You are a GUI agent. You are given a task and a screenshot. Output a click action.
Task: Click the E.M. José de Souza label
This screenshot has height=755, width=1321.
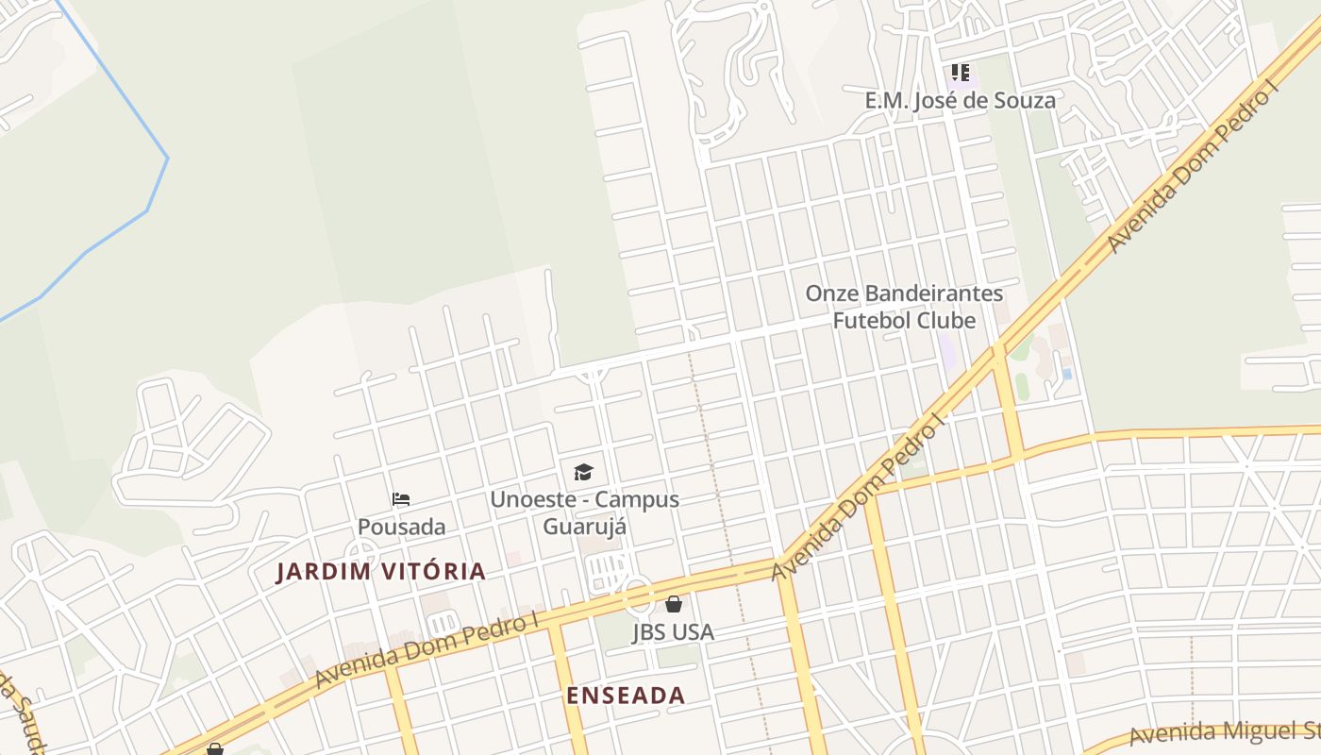pyautogui.click(x=960, y=100)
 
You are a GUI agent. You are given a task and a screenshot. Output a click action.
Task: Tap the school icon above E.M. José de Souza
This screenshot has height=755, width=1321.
pyautogui.click(x=961, y=73)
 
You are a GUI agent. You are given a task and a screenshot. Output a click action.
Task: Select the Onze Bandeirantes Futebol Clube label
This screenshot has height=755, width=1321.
pyautogui.click(x=903, y=307)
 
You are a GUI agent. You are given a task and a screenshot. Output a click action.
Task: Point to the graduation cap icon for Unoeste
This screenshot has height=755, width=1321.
pyautogui.click(x=584, y=472)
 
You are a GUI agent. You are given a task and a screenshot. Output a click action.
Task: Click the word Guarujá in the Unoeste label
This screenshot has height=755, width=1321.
pyautogui.click(x=584, y=527)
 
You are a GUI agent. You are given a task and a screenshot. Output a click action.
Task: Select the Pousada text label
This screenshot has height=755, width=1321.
pyautogui.click(x=401, y=527)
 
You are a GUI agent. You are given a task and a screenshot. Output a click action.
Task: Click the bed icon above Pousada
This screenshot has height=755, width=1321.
pyautogui.click(x=401, y=499)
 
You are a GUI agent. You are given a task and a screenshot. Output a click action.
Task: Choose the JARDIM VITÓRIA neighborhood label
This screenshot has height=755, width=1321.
pyautogui.click(x=380, y=571)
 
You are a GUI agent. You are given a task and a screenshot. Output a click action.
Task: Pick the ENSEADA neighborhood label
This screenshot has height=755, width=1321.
pyautogui.click(x=626, y=696)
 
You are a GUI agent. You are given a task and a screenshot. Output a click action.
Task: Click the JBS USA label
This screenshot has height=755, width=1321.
pyautogui.click(x=673, y=631)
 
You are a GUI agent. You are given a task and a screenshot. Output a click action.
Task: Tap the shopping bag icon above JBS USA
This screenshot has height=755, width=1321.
pyautogui.click(x=674, y=604)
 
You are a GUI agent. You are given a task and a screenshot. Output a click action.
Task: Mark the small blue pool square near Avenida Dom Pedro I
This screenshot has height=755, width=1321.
pyautogui.click(x=1067, y=374)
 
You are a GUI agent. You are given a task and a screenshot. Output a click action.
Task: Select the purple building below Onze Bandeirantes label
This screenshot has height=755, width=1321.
pyautogui.click(x=947, y=352)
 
